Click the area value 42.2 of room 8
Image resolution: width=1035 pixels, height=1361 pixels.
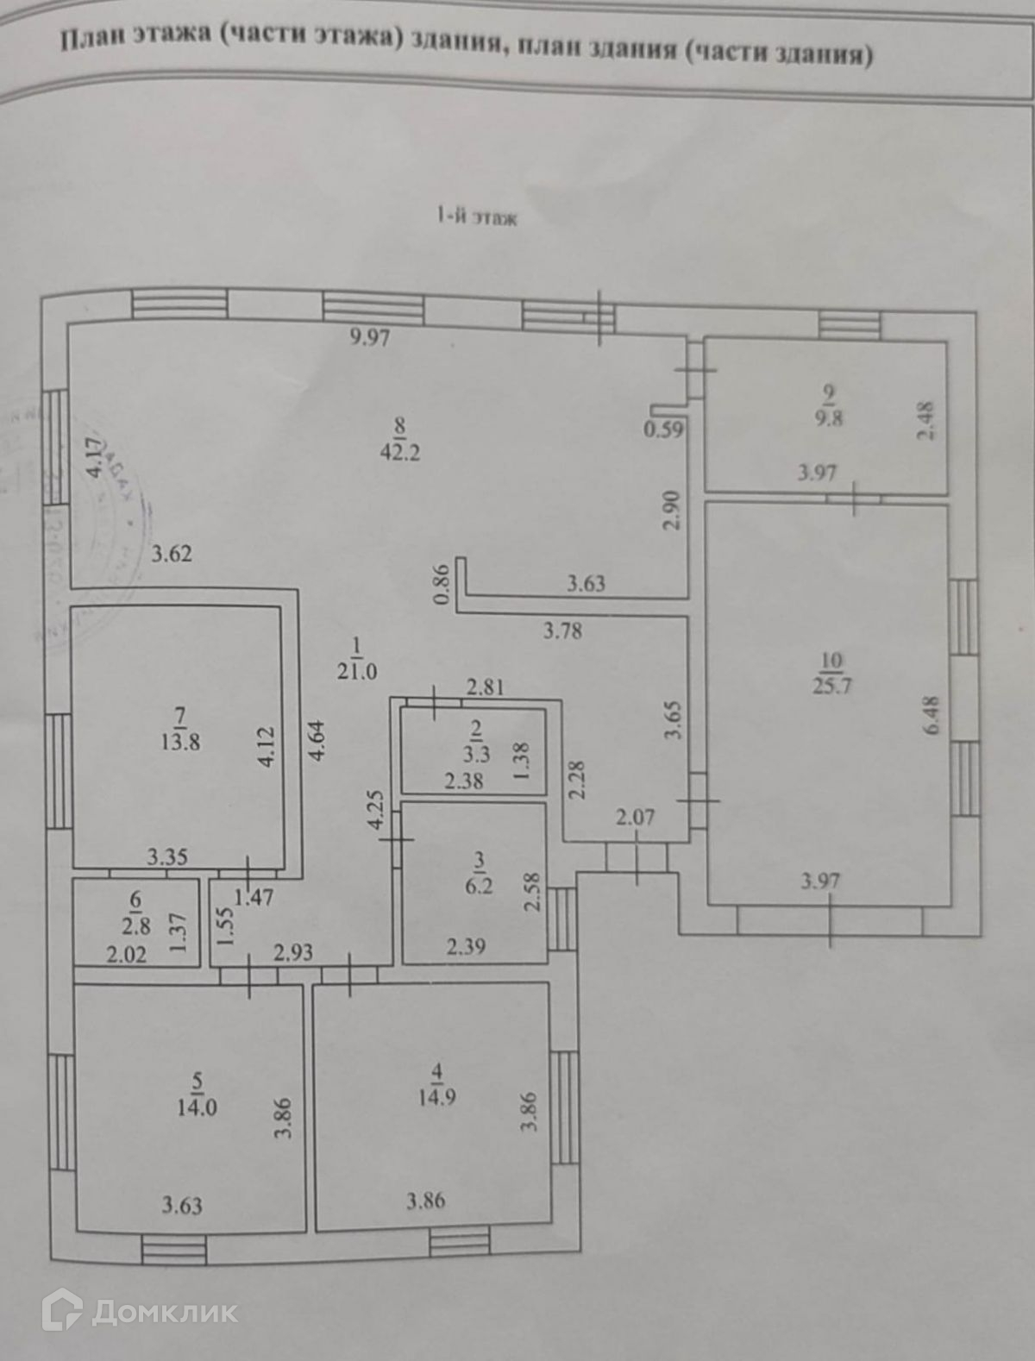tap(401, 452)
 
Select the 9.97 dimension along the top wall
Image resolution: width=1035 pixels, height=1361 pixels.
tap(370, 337)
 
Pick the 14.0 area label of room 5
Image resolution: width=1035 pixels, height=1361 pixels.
tap(197, 1107)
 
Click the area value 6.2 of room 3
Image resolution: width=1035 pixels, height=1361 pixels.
tap(480, 885)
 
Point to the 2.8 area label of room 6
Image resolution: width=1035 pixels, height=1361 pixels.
tap(136, 926)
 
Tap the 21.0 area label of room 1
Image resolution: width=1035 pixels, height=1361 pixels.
tap(357, 671)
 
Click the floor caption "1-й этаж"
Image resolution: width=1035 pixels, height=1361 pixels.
tap(477, 218)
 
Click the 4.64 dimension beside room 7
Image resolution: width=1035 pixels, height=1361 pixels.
tap(318, 740)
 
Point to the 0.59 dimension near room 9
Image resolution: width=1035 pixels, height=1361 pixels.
tap(664, 429)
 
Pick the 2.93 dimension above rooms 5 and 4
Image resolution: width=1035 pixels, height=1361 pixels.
tap(293, 952)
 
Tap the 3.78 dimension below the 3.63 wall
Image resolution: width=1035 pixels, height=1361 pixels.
tap(562, 631)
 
